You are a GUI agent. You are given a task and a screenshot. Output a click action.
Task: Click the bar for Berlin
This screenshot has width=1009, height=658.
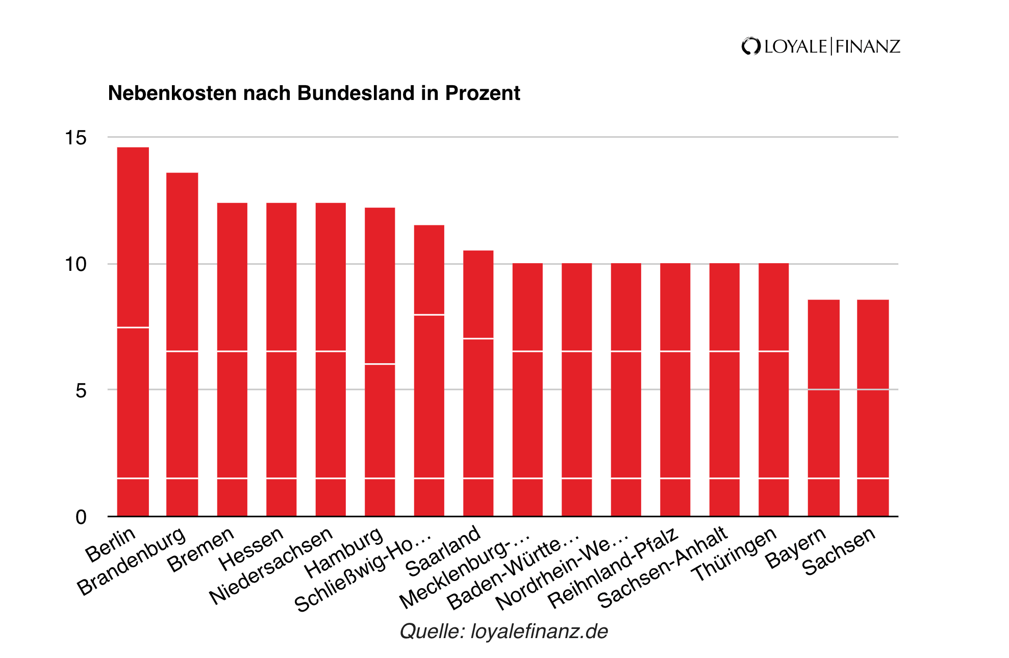click(x=133, y=332)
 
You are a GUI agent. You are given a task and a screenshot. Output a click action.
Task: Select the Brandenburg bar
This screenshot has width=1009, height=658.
click(x=182, y=344)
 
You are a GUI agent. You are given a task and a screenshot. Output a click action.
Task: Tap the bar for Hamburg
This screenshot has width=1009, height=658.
click(x=380, y=362)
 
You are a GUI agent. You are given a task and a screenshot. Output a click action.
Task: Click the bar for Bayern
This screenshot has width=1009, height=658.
click(x=823, y=408)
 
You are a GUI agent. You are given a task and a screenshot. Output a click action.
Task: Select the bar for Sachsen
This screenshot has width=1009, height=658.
click(x=873, y=408)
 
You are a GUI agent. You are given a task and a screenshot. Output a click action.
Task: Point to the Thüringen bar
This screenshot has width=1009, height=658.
click(x=773, y=390)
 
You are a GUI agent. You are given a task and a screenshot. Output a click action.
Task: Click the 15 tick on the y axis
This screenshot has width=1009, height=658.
click(x=75, y=138)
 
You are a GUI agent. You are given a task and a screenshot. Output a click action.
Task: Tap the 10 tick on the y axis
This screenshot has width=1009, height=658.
click(x=75, y=264)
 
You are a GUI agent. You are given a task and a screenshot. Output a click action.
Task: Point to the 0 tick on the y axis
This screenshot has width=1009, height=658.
click(x=81, y=517)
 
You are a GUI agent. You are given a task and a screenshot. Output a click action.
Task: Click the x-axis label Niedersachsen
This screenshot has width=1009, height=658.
click(x=271, y=566)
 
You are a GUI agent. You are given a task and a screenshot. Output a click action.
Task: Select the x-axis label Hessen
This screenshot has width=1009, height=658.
click(x=251, y=549)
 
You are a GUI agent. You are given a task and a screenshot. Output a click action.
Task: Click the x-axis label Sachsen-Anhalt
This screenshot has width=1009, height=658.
click(x=663, y=567)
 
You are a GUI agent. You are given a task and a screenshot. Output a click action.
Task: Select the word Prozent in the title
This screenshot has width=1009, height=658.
click(x=482, y=93)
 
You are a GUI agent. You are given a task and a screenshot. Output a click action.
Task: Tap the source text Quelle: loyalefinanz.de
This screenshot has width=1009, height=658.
click(x=503, y=631)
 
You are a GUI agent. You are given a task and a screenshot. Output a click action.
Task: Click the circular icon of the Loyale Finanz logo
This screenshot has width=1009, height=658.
click(x=750, y=46)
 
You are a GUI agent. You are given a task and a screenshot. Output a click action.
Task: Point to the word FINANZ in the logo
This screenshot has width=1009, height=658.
click(x=868, y=46)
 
